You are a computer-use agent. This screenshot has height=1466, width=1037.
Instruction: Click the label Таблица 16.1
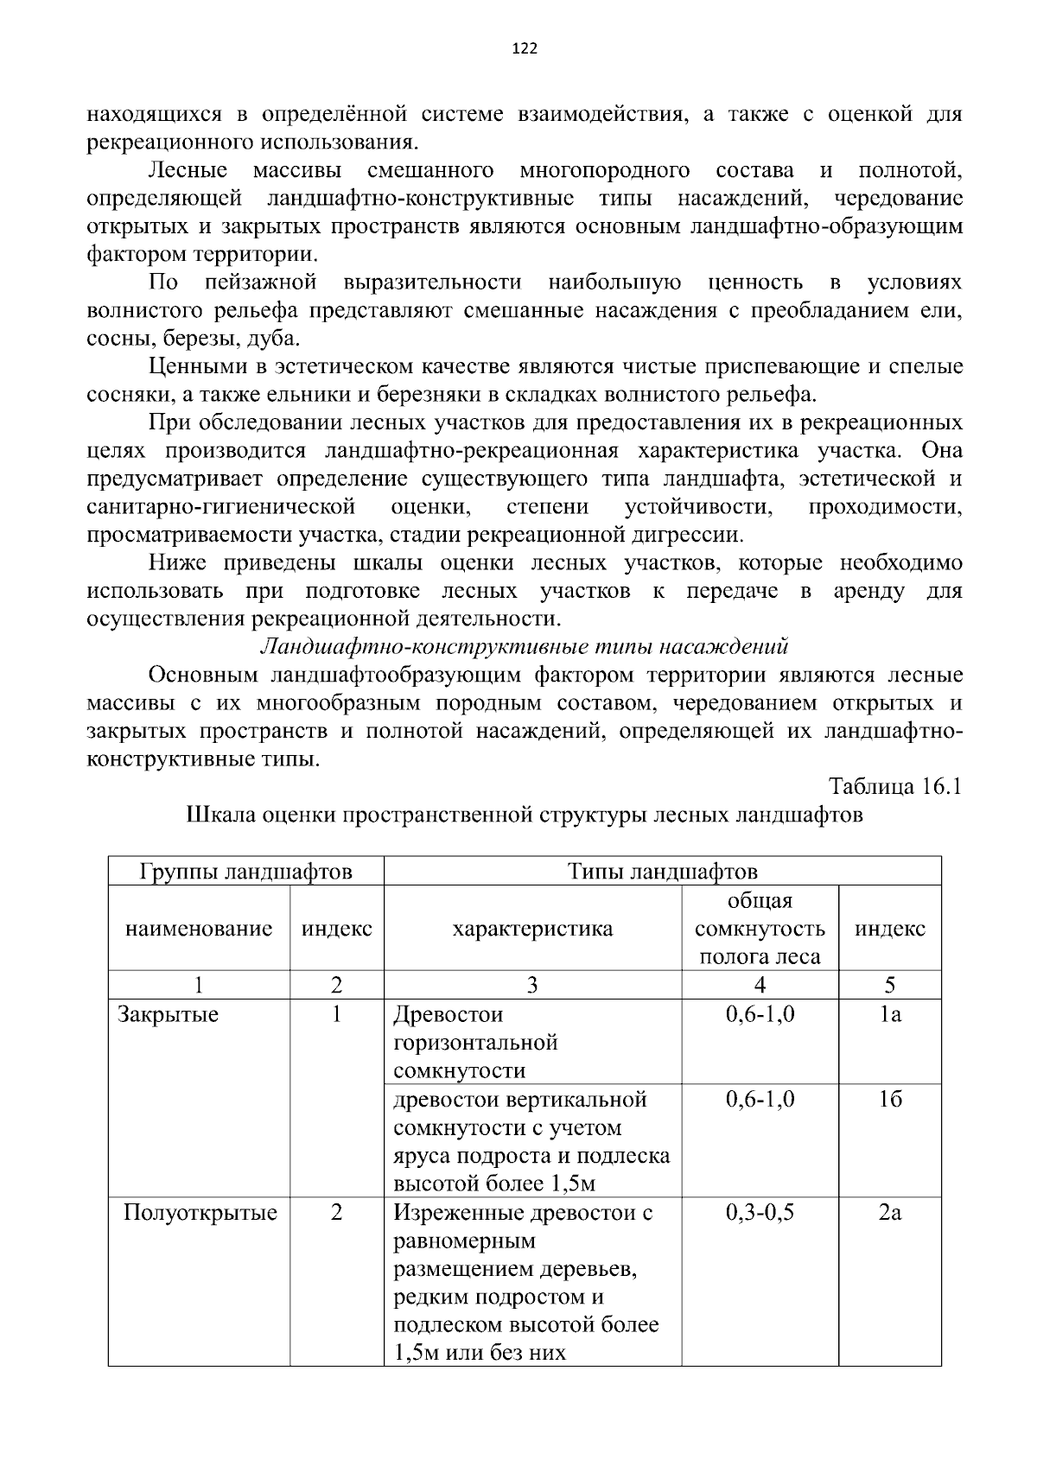[895, 786]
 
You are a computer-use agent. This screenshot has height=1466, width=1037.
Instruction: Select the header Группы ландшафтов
[245, 871]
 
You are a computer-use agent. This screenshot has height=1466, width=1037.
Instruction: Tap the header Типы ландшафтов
[662, 871]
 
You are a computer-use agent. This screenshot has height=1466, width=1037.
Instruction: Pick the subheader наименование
[199, 929]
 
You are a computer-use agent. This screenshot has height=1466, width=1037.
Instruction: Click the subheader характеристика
[532, 929]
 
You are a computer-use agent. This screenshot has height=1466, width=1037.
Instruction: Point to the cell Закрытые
[168, 1014]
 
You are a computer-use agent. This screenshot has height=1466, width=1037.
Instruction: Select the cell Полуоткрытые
[200, 1213]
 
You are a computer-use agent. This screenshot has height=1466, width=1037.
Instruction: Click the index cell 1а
[889, 1014]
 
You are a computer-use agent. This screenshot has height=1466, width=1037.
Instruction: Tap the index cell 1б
[889, 1100]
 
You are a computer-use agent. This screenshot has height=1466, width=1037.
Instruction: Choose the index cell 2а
[889, 1213]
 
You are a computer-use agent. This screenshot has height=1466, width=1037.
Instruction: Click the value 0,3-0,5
[760, 1213]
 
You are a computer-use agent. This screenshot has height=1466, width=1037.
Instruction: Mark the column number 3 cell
[532, 985]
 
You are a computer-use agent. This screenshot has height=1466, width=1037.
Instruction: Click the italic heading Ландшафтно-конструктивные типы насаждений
[525, 646]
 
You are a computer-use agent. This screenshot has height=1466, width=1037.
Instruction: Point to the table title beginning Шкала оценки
[525, 816]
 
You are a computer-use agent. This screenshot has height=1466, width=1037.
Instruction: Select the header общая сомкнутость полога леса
[760, 929]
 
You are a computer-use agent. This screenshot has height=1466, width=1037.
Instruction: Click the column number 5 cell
[889, 985]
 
